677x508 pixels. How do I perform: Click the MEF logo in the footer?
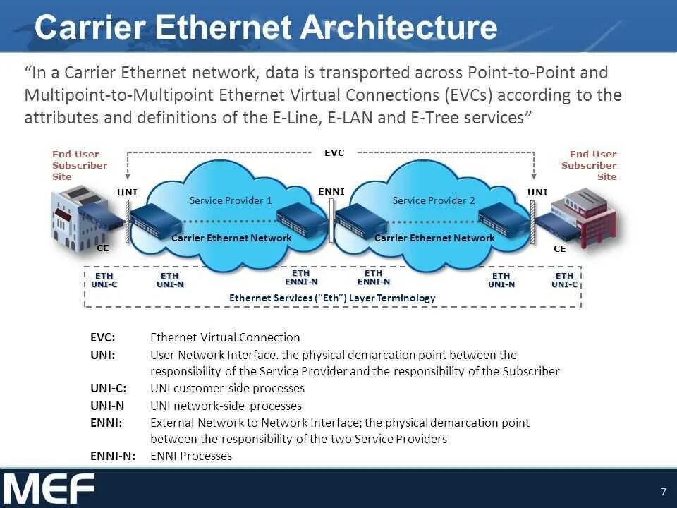49,488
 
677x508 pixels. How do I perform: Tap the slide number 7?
663,492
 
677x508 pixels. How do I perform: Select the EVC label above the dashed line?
334,152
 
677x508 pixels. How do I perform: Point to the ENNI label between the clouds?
331,191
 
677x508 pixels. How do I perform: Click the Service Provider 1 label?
231,200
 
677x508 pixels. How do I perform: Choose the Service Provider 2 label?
434,200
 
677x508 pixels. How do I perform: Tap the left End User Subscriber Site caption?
80,165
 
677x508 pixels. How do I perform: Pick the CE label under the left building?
102,248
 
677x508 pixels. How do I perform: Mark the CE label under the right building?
559,248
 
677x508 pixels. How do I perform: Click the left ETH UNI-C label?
104,280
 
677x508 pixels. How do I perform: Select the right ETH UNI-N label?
501,280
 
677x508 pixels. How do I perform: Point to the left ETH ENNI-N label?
300,277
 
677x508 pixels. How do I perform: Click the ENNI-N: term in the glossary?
114,456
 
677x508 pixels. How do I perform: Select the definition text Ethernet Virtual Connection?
225,337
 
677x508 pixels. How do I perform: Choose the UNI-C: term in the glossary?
109,388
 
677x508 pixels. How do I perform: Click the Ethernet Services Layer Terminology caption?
332,298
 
